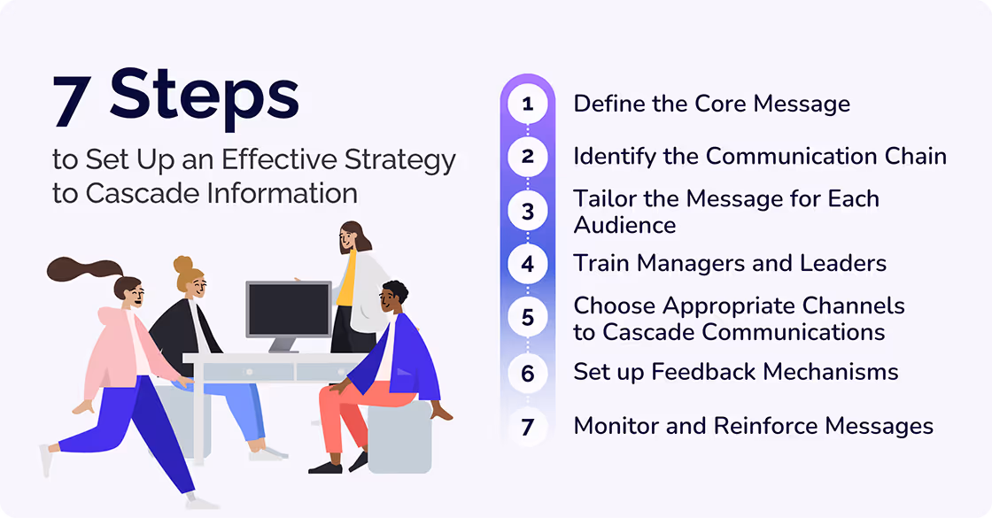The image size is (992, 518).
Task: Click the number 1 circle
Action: [x=528, y=104]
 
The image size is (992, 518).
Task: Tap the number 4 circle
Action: [x=528, y=264]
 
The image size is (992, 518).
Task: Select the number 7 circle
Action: [x=528, y=427]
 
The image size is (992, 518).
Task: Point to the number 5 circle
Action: [x=528, y=318]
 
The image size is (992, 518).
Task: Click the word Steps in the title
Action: [x=205, y=97]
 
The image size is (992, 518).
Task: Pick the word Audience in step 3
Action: [x=624, y=225]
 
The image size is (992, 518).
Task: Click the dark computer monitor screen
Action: [x=288, y=309]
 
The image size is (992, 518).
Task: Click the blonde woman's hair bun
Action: [x=182, y=264]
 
